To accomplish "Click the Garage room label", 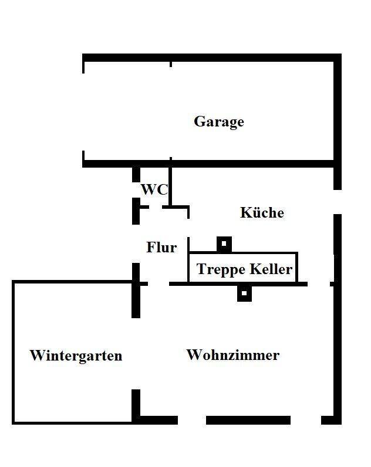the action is pos(219,122).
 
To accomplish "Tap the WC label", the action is pos(154,190).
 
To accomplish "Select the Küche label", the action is pos(262,213).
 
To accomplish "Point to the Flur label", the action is pos(161,248).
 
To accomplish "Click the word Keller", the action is pos(271,269).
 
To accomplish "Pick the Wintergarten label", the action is pos(76,356).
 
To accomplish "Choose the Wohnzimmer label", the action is pos(233,355).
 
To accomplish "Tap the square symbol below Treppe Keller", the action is pos(244,293).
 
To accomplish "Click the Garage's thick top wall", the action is pos(211,57).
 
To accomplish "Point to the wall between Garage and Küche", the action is pos(252,163).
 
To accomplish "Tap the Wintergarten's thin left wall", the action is pos(14,353).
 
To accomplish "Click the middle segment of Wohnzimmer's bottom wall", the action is pos(248,420).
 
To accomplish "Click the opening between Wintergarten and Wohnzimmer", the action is pos(136,353).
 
